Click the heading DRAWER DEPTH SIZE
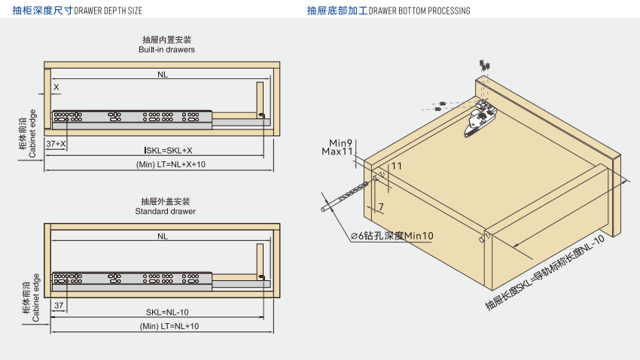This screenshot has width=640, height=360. (x=108, y=11)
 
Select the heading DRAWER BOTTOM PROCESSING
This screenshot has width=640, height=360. (x=420, y=11)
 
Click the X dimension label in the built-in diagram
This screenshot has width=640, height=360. (x=56, y=87)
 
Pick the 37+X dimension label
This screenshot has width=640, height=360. (x=56, y=143)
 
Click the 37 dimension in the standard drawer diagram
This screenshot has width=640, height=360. (x=59, y=305)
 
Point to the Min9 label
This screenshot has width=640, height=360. (x=341, y=142)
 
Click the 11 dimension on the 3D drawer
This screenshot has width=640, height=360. (x=397, y=166)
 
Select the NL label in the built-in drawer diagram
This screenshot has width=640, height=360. (x=163, y=75)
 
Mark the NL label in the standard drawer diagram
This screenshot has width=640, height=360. (x=163, y=236)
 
